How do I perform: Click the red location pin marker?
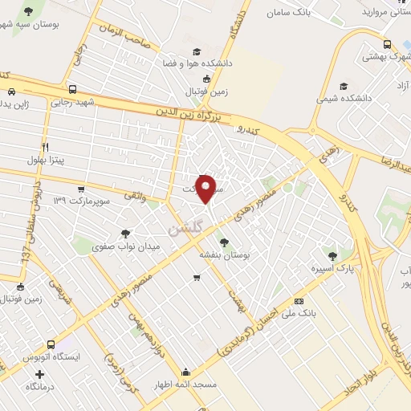pos(207,189)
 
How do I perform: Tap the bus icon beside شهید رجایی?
pos(73,90)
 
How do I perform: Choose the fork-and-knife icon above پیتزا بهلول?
pos(45,147)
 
